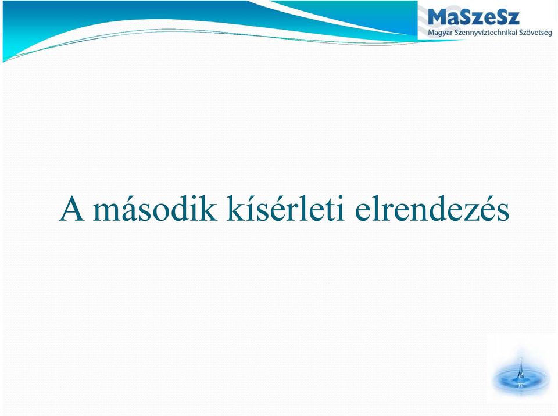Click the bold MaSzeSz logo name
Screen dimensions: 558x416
point(474,16)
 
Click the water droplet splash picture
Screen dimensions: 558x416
point(520,374)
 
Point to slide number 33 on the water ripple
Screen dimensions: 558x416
point(521,385)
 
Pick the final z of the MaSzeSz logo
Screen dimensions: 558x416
point(513,19)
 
